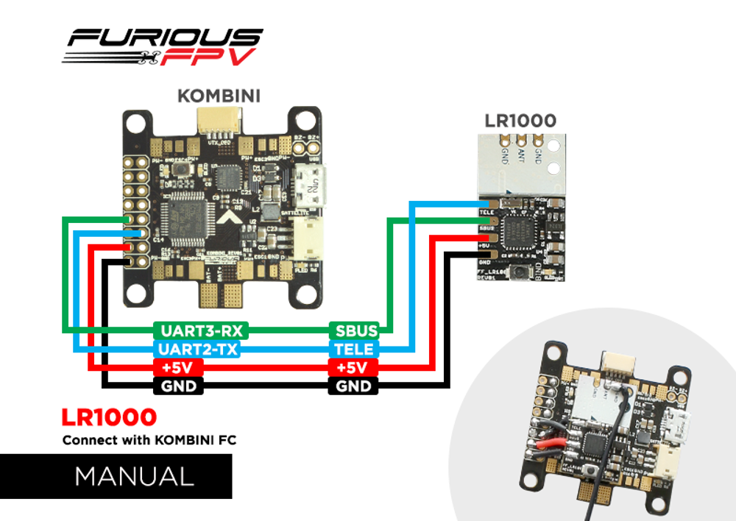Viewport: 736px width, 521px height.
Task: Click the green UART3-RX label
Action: pyautogui.click(x=198, y=330)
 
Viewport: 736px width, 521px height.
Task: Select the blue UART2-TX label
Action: pyautogui.click(x=198, y=349)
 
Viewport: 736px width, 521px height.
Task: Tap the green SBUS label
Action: pyautogui.click(x=355, y=330)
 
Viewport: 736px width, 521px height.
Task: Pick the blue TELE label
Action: pyautogui.click(x=355, y=349)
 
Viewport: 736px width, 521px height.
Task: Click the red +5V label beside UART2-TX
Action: pyautogui.click(x=177, y=367)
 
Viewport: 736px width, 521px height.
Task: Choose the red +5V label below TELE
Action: pyautogui.click(x=355, y=367)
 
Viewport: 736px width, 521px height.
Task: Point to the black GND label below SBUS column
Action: pyautogui.click(x=355, y=386)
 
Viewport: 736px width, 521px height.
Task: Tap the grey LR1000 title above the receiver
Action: pyautogui.click(x=520, y=121)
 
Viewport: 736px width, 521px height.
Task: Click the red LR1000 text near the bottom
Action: pyautogui.click(x=110, y=418)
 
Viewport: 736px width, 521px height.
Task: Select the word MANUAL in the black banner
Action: pyautogui.click(x=134, y=476)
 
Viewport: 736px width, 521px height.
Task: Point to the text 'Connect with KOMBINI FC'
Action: pyautogui.click(x=149, y=441)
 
